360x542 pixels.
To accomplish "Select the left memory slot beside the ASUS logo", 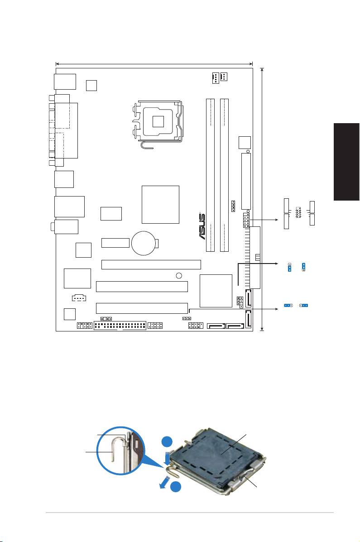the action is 210,175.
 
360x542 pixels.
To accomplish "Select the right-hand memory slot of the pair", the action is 225,175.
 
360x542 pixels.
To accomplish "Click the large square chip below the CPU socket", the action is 160,205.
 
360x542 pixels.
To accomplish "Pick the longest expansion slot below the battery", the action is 151,264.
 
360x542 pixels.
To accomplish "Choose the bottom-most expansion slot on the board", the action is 142,308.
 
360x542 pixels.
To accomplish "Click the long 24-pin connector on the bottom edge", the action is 120,326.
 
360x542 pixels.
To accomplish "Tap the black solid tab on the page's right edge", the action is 346,162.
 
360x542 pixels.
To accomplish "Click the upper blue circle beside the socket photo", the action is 168,442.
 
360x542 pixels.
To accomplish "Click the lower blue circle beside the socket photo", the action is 176,486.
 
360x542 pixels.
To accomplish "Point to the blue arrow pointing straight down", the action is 168,458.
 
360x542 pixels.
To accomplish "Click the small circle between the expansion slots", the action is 179,275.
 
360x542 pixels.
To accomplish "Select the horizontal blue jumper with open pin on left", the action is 303,306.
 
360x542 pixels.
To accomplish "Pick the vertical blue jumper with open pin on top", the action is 289,267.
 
